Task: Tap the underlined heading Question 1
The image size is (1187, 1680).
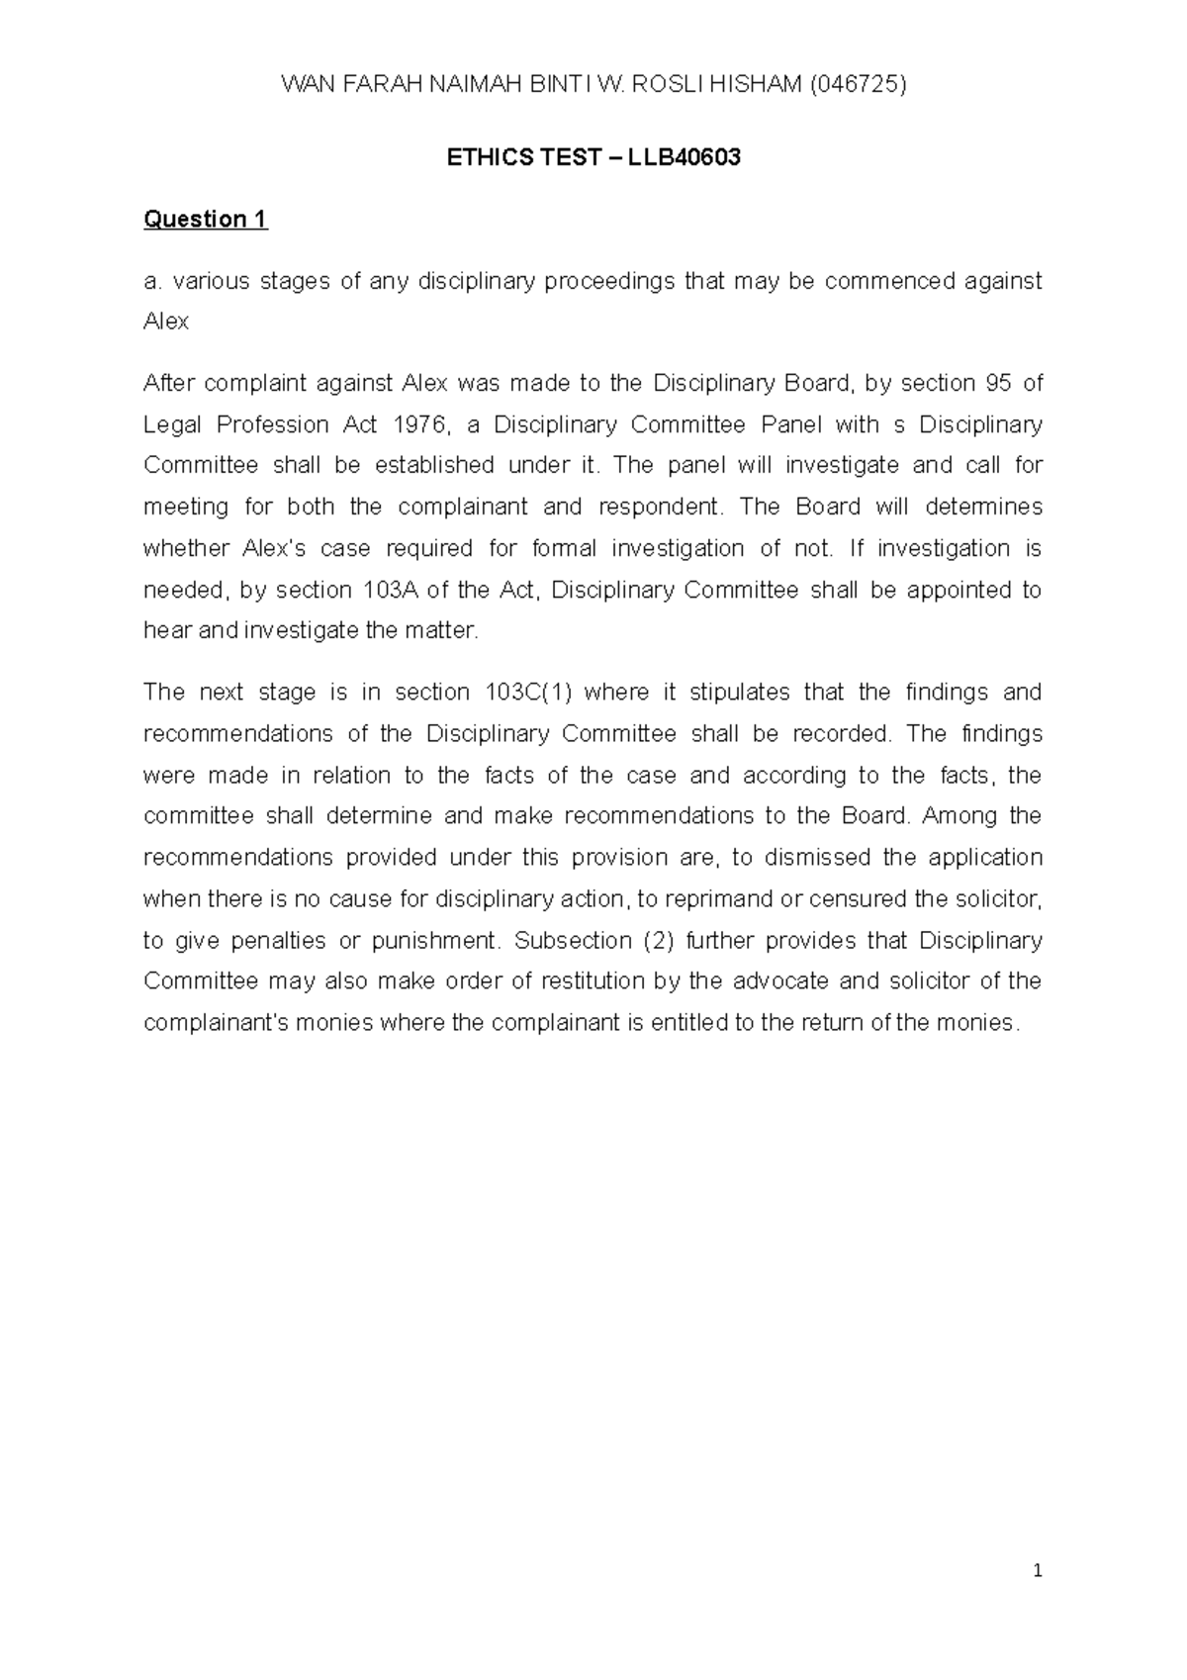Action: [x=206, y=219]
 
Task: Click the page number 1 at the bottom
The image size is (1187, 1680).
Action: [x=1038, y=1570]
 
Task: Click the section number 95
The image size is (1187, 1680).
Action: [x=994, y=383]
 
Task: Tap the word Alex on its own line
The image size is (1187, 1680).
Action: [x=165, y=322]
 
